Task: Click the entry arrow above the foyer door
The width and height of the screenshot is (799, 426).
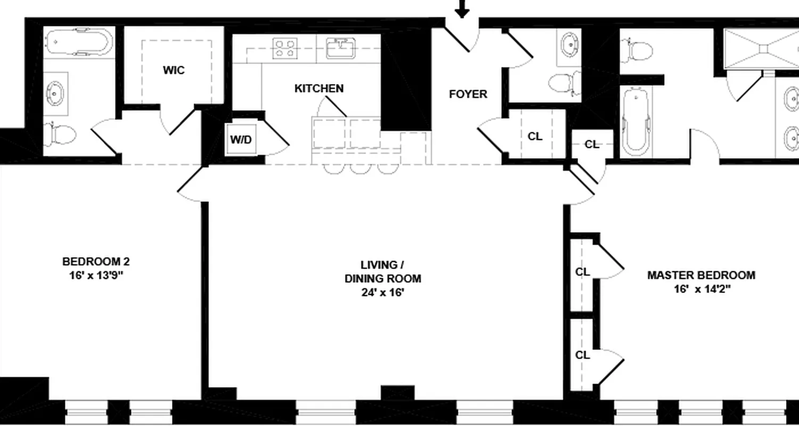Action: click(x=462, y=8)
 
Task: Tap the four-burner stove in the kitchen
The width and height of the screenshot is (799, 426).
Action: click(x=286, y=47)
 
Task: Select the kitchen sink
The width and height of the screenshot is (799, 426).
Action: click(x=339, y=48)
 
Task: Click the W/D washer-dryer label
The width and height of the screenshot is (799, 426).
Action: click(x=240, y=140)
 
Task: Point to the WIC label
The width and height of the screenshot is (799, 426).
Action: click(x=174, y=70)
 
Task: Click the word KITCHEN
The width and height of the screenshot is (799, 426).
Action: click(x=319, y=88)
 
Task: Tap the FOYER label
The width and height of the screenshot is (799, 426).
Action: click(x=468, y=94)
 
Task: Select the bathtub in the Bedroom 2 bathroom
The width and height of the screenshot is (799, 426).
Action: click(x=78, y=43)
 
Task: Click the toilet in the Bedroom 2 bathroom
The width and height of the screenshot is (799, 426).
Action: click(x=60, y=134)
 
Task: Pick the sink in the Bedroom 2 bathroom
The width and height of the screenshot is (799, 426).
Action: click(x=55, y=94)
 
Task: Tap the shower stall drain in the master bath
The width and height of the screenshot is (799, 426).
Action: click(x=763, y=48)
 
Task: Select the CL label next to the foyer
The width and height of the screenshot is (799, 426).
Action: click(x=535, y=136)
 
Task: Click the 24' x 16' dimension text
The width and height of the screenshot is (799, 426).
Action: click(x=382, y=292)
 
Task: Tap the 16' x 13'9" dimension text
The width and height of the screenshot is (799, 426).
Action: click(x=96, y=275)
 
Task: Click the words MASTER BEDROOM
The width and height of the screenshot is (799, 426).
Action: click(x=701, y=275)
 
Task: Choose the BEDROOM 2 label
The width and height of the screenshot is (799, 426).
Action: click(x=96, y=261)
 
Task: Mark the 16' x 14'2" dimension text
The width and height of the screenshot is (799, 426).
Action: click(x=701, y=289)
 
